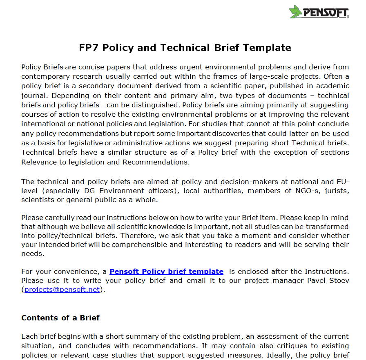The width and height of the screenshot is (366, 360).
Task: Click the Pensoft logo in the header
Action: pos(319,12)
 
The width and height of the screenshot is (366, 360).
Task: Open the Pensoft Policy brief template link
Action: pos(166,271)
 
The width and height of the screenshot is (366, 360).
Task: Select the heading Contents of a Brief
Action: pos(60,318)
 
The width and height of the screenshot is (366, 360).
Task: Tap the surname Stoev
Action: pos(339,281)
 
